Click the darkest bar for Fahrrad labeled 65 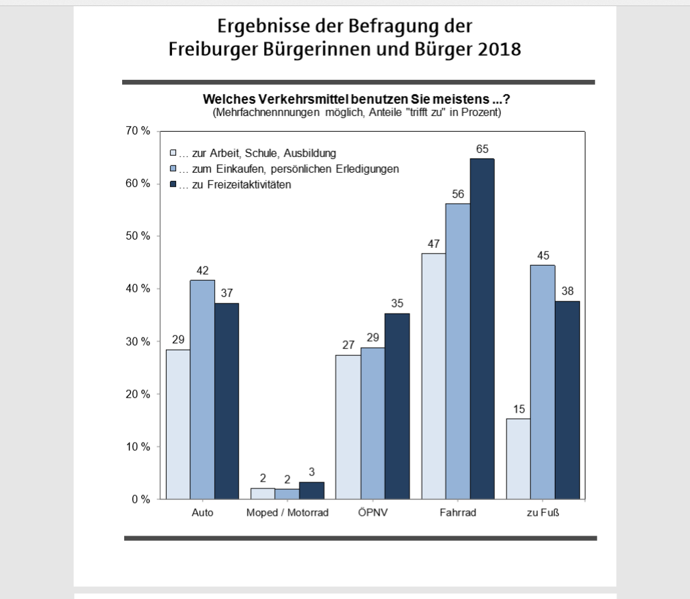coord(482,328)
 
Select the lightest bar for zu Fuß coord(518,458)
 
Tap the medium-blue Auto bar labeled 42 coord(202,389)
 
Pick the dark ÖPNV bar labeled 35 coord(397,406)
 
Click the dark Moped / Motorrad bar coord(311,490)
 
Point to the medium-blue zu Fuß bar coord(543,382)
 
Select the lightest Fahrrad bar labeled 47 coord(433,376)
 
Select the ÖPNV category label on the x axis coord(372,514)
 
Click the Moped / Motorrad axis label coord(287,514)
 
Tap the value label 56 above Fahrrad coord(457,193)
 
